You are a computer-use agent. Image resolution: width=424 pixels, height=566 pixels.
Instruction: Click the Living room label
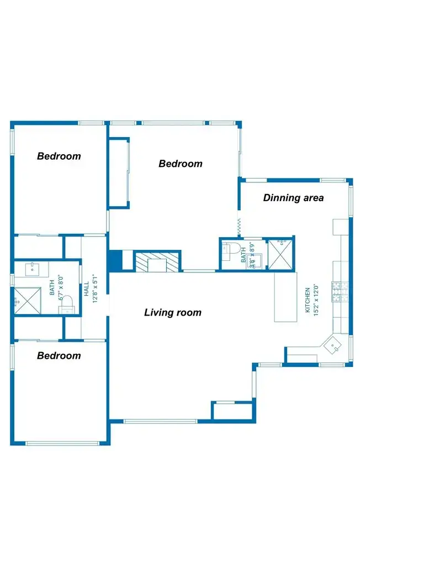pyautogui.click(x=173, y=313)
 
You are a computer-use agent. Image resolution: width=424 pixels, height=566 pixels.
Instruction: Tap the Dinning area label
pyautogui.click(x=293, y=198)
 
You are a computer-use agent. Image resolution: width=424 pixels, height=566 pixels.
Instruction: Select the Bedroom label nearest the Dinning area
pyautogui.click(x=180, y=164)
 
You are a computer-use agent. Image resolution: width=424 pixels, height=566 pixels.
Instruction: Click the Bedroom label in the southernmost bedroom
pyautogui.click(x=59, y=355)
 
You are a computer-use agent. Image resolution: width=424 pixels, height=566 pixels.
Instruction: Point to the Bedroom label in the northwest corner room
pyautogui.click(x=59, y=156)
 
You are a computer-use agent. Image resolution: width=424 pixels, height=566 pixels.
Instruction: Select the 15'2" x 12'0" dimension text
pyautogui.click(x=316, y=299)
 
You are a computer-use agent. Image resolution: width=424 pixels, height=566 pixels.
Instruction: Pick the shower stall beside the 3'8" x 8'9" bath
pyautogui.click(x=280, y=254)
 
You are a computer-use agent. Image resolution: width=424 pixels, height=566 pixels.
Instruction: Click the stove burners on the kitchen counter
pyautogui.click(x=338, y=290)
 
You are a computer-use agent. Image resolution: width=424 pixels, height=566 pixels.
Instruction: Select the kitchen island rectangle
pyautogui.click(x=286, y=297)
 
